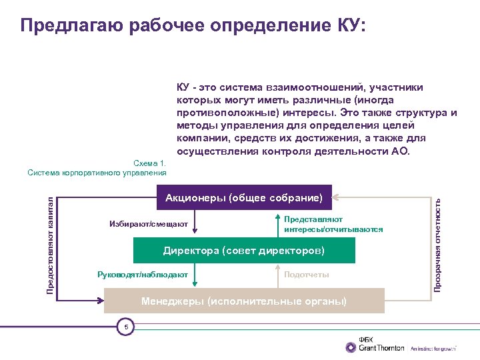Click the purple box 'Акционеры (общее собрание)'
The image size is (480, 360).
pyautogui.click(x=243, y=197)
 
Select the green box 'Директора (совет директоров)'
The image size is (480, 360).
pyautogui.click(x=244, y=251)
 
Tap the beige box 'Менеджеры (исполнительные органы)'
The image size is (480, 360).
pyautogui.click(x=244, y=301)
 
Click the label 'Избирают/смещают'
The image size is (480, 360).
pyautogui.click(x=149, y=224)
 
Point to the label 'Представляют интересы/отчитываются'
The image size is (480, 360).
pyautogui.click(x=333, y=224)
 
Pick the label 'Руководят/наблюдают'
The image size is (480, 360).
pyautogui.click(x=143, y=275)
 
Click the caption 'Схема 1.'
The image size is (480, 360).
pyautogui.click(x=150, y=163)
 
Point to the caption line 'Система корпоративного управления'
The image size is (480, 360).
pyautogui.click(x=97, y=173)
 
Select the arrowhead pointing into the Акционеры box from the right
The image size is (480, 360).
pyautogui.click(x=335, y=197)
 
